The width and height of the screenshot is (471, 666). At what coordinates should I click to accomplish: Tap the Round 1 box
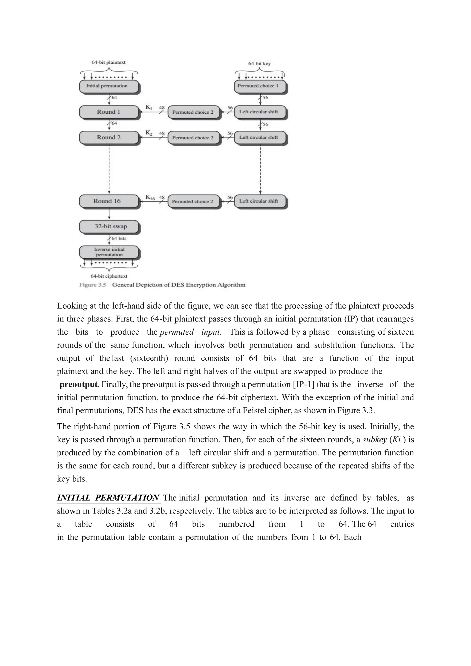109,112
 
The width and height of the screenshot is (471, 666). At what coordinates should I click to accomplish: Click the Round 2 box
109,138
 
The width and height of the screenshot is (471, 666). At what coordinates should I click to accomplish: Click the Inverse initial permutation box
109,252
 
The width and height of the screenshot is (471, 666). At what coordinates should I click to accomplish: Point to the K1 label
149,107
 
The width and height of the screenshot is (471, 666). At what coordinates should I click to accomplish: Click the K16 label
150,198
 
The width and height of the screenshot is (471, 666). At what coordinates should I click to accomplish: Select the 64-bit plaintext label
109,62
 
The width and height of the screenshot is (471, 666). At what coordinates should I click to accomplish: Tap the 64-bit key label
259,63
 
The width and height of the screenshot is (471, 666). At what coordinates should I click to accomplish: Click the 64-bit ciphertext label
109,276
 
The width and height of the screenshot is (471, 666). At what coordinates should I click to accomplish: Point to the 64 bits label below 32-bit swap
119,238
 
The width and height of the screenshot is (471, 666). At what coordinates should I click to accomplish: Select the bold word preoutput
79,385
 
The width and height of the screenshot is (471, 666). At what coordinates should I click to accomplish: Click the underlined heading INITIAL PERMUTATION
108,498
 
